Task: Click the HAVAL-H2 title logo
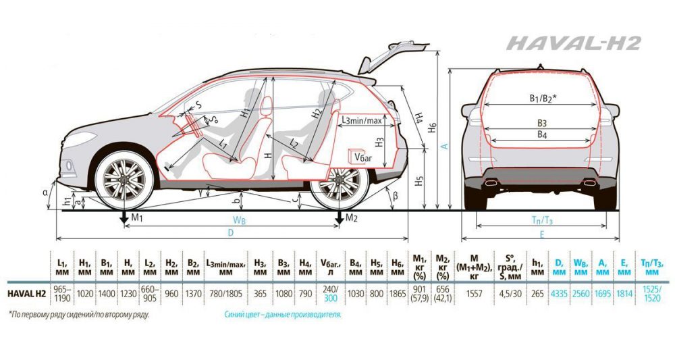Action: (573, 44)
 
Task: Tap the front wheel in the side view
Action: (125, 180)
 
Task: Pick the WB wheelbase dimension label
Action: (239, 220)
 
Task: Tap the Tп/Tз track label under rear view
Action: (542, 220)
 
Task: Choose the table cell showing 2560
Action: (581, 293)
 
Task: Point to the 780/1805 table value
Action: (226, 293)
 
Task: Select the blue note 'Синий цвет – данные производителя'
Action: (283, 315)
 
